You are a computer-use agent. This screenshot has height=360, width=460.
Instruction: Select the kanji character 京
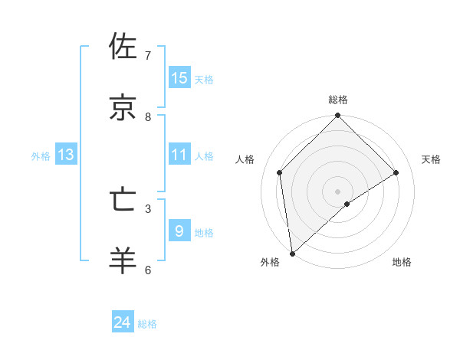click(x=124, y=107)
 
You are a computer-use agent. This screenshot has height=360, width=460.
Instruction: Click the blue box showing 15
click(x=179, y=78)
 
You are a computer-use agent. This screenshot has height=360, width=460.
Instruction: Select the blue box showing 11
click(x=179, y=155)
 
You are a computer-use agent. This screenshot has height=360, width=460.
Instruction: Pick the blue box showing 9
click(x=179, y=231)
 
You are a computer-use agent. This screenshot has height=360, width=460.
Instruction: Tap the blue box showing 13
click(x=66, y=155)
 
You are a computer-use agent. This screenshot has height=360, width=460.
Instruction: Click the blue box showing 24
click(x=123, y=323)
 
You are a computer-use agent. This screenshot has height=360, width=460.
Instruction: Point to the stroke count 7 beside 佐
click(x=148, y=56)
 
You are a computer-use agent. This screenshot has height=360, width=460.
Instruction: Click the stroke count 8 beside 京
click(x=148, y=117)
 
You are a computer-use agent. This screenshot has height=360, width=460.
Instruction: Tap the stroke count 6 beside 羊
click(x=148, y=270)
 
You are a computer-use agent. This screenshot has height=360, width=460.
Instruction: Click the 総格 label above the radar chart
click(x=338, y=100)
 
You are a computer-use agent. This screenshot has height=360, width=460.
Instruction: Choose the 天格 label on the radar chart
click(x=431, y=159)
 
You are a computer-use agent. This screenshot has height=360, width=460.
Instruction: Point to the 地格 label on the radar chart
click(x=402, y=262)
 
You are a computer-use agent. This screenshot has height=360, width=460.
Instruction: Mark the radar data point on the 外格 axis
click(x=292, y=254)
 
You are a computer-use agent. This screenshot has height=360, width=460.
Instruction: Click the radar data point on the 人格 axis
click(x=280, y=172)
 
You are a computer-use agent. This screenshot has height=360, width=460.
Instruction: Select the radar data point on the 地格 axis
click(x=347, y=204)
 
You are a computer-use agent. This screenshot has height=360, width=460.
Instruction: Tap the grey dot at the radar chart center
click(x=338, y=191)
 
